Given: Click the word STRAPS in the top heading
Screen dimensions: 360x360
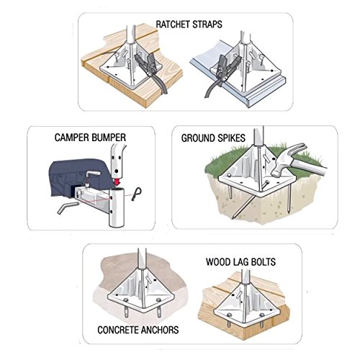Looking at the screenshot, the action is (207, 24).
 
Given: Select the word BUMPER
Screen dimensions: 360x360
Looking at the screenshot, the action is (109, 138).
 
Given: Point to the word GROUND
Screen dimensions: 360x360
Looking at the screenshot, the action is (198, 138).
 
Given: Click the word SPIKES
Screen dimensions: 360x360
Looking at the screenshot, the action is (231, 138).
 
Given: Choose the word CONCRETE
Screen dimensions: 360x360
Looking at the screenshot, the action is (117, 330).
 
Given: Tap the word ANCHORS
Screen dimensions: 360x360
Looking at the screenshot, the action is (159, 330).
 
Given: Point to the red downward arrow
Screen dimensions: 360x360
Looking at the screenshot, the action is (117, 181).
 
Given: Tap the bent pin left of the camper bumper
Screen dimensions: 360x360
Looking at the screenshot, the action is (68, 207).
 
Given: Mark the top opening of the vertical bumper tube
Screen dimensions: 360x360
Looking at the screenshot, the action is (117, 191).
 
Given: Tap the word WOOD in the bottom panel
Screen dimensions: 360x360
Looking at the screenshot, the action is (218, 262).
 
